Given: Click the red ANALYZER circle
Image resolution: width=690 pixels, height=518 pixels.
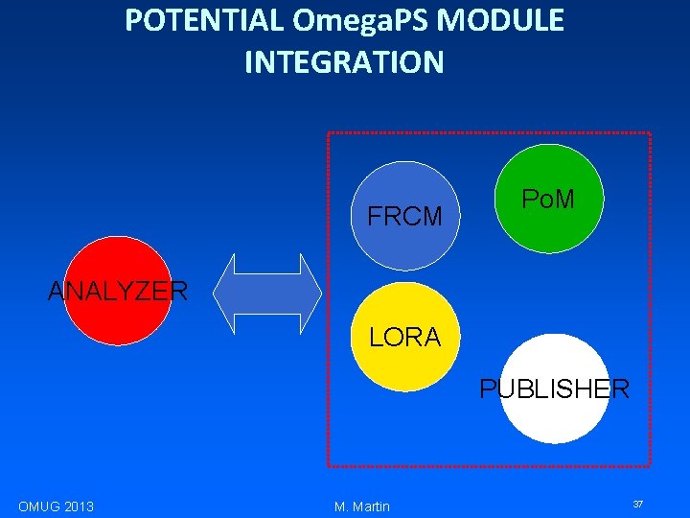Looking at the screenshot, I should click(118, 291).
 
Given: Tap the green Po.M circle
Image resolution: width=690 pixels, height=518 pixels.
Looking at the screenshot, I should click(548, 199).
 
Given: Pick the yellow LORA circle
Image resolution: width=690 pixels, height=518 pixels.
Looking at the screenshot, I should click(405, 337).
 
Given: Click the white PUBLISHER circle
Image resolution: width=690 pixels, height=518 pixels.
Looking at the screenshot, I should click(555, 388).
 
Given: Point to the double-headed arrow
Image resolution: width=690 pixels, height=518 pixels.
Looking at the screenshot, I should click(267, 294).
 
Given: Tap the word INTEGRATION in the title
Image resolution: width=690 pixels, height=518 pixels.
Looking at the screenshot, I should click(344, 62).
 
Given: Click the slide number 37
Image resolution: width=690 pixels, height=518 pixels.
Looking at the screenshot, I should click(636, 504).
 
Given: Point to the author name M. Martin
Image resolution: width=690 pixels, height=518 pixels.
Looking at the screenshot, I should click(362, 506).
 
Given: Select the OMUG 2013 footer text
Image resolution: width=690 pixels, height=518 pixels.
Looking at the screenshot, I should click(56, 506).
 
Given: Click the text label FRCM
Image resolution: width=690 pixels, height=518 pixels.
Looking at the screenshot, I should click(405, 217).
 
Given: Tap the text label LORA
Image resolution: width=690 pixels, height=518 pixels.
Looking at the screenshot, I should click(405, 338).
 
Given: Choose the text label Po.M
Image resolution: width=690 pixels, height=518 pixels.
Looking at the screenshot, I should click(548, 200).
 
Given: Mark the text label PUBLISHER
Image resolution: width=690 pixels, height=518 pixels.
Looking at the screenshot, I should click(555, 388).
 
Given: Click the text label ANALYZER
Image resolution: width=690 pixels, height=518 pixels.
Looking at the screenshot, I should click(118, 291).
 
